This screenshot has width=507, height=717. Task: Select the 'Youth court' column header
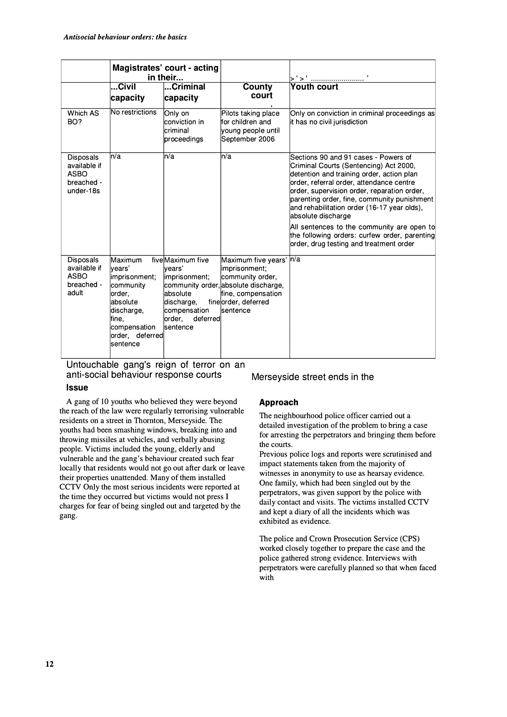(314, 87)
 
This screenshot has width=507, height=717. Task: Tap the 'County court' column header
(257, 91)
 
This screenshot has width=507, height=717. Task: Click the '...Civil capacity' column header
(127, 92)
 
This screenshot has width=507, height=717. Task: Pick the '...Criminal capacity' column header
(185, 92)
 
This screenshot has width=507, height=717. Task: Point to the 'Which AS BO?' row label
(83, 117)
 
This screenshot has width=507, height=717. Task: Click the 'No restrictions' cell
(134, 112)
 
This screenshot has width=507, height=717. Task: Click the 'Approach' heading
(279, 402)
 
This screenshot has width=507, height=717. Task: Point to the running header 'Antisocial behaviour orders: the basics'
(125, 37)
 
